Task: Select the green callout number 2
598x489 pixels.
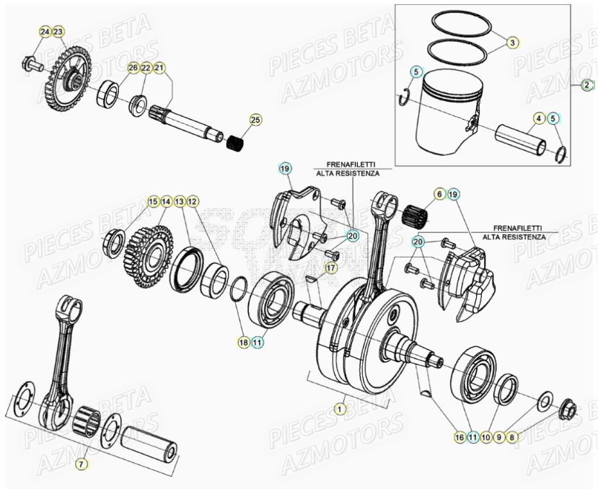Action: [x=587, y=84]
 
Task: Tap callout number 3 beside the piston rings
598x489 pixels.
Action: [x=511, y=43]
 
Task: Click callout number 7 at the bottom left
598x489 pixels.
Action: [x=82, y=464]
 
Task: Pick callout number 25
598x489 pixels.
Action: [x=254, y=120]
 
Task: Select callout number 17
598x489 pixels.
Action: [x=330, y=268]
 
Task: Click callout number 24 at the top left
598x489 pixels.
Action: [x=45, y=32]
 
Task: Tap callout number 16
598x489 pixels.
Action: [x=459, y=436]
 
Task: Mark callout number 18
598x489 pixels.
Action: [x=244, y=342]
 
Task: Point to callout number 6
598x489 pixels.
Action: [x=439, y=194]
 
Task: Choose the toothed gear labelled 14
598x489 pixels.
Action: [x=148, y=249]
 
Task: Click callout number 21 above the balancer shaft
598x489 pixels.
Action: [x=159, y=68]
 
